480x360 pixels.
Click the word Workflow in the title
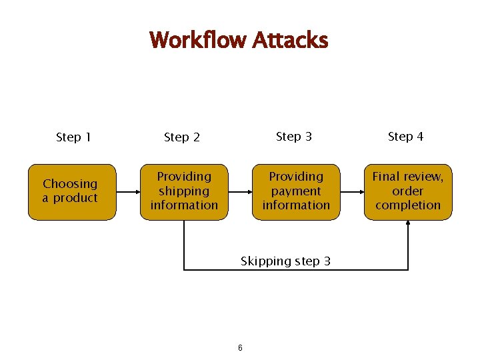199,40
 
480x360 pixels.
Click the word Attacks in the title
290,40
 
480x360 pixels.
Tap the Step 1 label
73,137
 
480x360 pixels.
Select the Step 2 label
182,137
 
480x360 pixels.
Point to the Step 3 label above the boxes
294,136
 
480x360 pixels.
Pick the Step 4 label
405,136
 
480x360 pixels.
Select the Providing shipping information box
184,192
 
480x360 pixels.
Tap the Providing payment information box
296,192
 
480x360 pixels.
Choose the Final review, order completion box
408,192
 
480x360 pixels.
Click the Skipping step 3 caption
285,261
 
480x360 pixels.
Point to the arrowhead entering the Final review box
408,224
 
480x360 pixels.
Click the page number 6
240,348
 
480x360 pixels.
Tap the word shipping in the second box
184,191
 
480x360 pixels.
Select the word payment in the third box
296,191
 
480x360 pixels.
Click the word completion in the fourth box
408,205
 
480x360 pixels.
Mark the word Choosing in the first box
70,183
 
